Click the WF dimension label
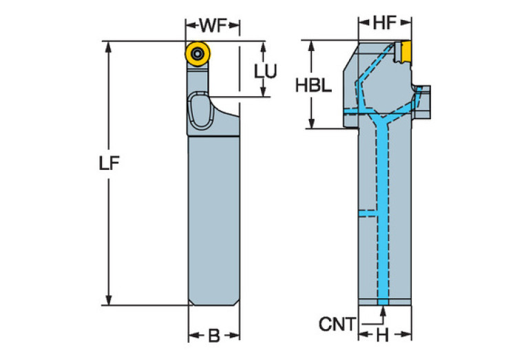(x=212, y=25)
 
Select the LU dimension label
(x=265, y=70)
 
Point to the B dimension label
(x=213, y=336)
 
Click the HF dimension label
(x=385, y=23)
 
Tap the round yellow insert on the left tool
(x=198, y=52)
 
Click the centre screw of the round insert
(x=198, y=52)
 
